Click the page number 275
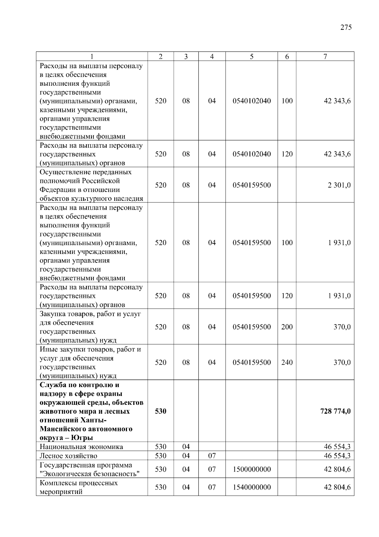coord(346,28)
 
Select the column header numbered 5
coord(251,57)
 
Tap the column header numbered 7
coord(325,57)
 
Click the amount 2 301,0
coord(339,185)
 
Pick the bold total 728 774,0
coord(335,411)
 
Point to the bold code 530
coord(160,411)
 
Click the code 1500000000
coord(251,470)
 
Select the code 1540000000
coord(251,487)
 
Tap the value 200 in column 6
coord(287,327)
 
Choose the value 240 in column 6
coord(287,362)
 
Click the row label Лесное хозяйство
coord(68,456)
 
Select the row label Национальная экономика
coord(81,447)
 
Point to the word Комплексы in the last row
coord(56,483)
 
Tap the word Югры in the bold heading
coord(82,438)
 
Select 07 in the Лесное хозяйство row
coord(212,456)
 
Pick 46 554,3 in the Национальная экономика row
coord(337,447)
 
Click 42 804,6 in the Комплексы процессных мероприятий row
coord(337,487)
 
